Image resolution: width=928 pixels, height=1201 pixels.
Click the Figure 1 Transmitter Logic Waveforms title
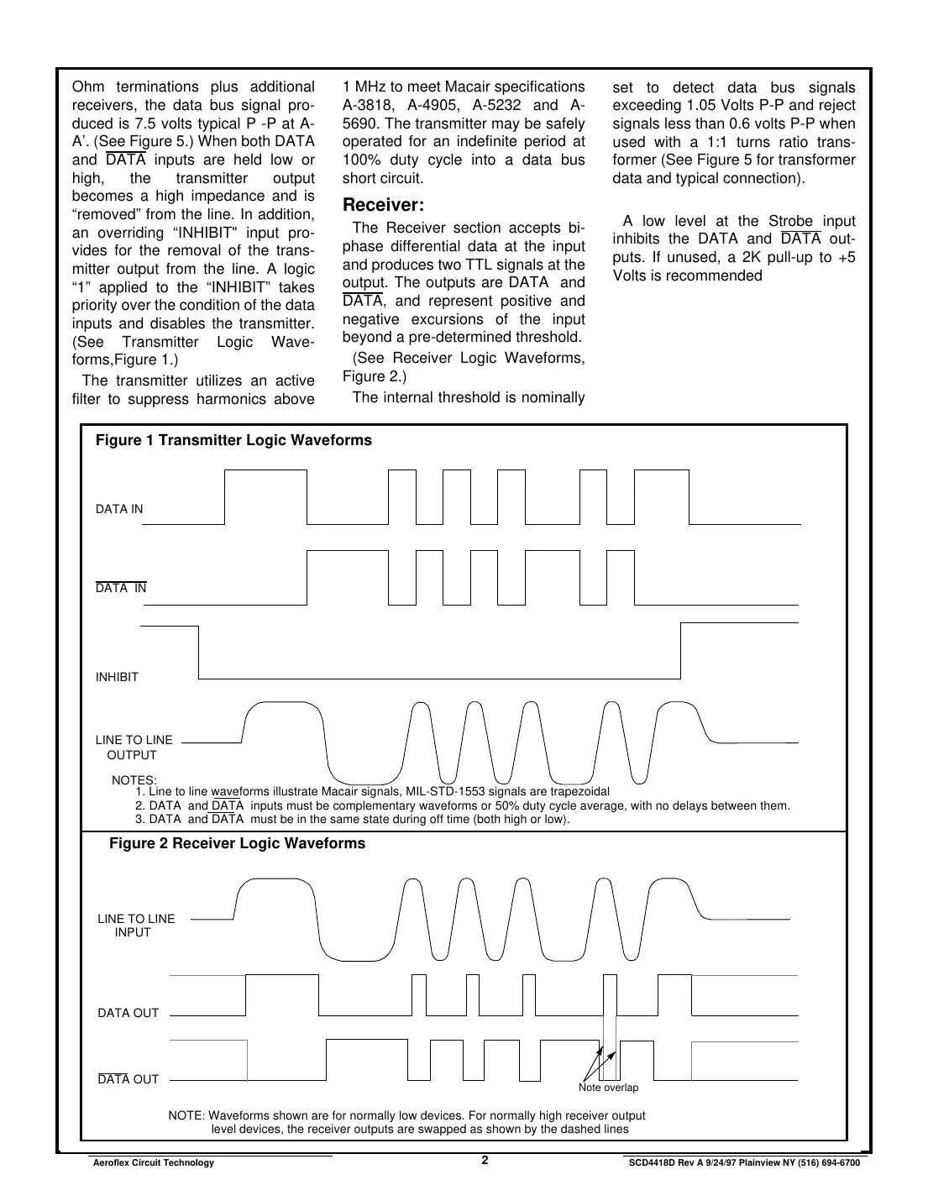233,441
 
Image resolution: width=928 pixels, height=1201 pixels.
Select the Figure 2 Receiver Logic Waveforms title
237,844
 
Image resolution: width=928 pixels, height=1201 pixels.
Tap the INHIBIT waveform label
117,677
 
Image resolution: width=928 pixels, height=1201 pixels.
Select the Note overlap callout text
608,1088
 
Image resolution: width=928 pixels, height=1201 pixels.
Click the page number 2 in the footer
485,1161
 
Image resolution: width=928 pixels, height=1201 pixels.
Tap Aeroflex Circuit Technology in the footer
152,1163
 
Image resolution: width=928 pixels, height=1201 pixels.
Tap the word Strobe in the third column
790,221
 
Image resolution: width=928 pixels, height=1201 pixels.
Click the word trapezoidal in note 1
579,792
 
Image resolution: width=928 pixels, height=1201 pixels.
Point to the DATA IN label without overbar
119,509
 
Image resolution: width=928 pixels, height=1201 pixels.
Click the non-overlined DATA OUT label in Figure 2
128,1013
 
